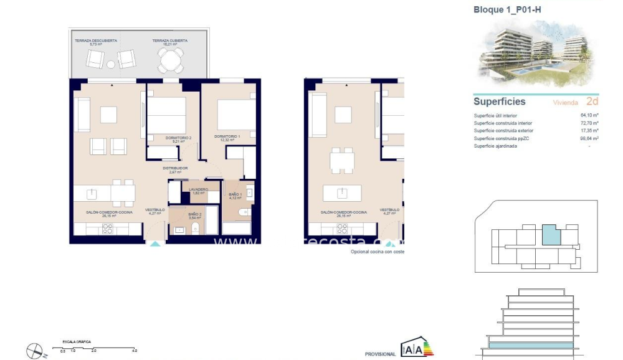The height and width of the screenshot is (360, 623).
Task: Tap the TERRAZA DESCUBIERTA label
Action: tap(96, 41)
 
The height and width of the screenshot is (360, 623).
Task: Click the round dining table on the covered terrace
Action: tap(170, 60)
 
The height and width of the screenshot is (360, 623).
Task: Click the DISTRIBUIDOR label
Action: tap(175, 168)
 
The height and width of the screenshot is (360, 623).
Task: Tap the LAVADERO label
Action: tap(199, 189)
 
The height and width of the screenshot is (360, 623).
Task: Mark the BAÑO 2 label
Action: tap(194, 215)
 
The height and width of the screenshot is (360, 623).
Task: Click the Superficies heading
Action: tap(499, 102)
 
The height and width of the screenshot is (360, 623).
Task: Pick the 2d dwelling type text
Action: tap(592, 101)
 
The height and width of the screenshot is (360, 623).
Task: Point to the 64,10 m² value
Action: tap(588, 115)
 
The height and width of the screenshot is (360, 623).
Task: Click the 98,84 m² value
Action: tap(588, 138)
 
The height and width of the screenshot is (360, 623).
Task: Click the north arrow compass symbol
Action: tap(36, 351)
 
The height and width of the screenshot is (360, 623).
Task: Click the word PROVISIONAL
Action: tap(380, 354)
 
